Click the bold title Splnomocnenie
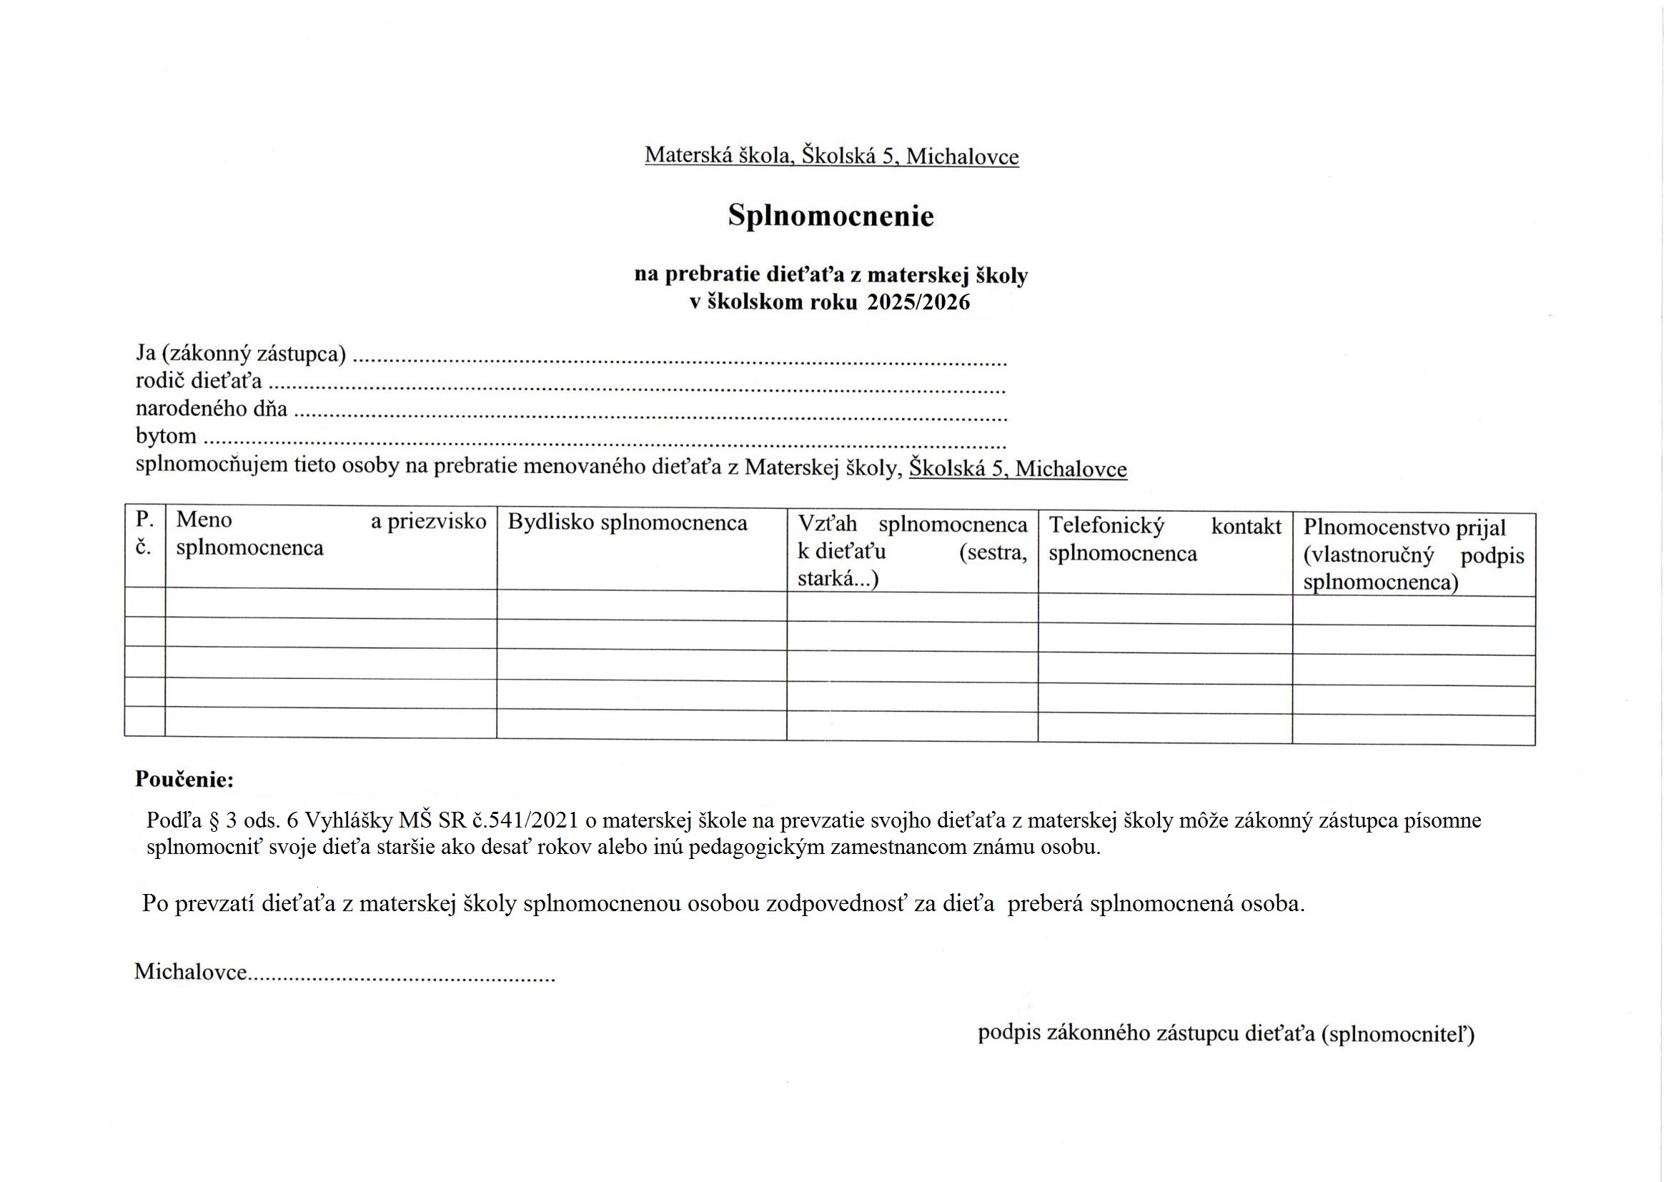[830, 216]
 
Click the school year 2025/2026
[918, 302]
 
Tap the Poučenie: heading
[184, 780]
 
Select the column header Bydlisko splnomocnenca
[628, 522]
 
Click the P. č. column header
[145, 533]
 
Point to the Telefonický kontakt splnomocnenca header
[1164, 540]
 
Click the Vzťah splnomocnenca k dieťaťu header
[912, 551]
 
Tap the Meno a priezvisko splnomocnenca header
[331, 534]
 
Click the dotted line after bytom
[604, 442]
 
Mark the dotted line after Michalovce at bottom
[401, 977]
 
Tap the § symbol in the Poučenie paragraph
[214, 820]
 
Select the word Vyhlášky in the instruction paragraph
[349, 820]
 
